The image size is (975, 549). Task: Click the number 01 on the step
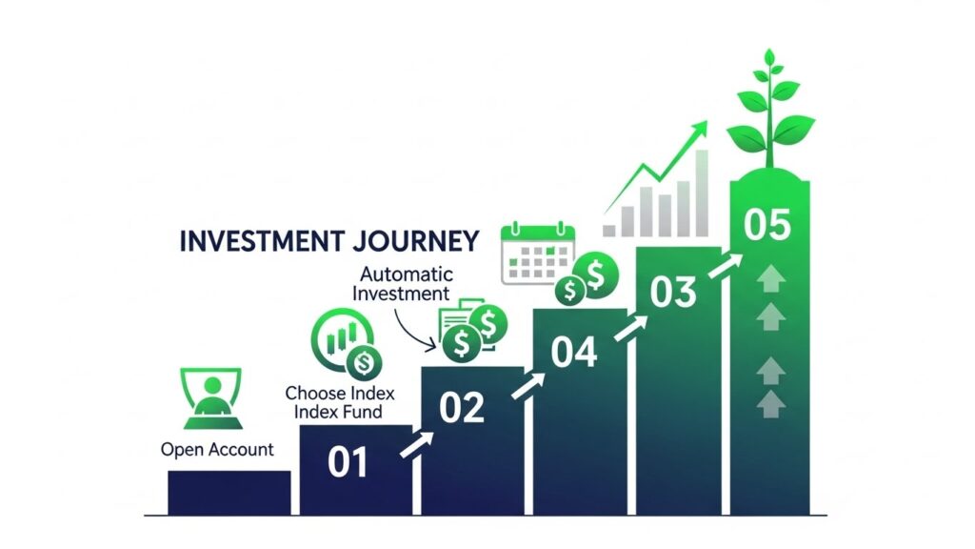pos(348,462)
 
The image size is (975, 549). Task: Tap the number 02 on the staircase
pos(462,408)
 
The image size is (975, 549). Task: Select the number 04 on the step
pos(574,354)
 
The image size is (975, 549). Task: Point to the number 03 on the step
pos(673,293)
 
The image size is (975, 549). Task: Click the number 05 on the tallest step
pos(767,226)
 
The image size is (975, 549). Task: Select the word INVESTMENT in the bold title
pos(260,240)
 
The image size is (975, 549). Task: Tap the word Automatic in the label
pos(400,273)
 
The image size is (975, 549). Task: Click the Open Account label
pos(217,449)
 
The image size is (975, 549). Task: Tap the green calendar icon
pos(539,253)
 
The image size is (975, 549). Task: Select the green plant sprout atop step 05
pos(769,110)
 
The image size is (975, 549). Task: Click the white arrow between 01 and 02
pos(416,444)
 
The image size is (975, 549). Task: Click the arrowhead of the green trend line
pos(700,128)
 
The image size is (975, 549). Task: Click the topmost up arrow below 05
pos(770,279)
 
